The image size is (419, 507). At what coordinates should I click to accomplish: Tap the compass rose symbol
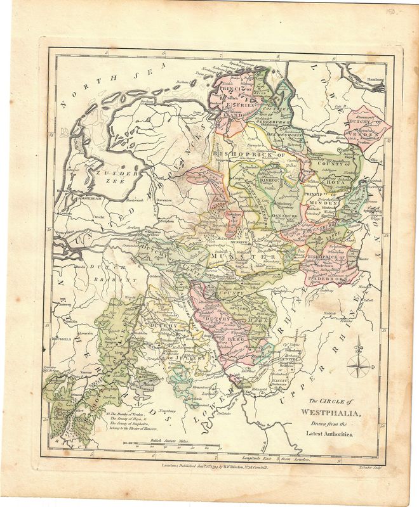pos(360,363)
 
